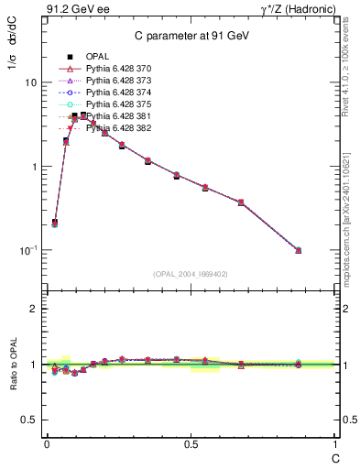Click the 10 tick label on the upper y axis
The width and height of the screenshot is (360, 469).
click(x=30, y=82)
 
